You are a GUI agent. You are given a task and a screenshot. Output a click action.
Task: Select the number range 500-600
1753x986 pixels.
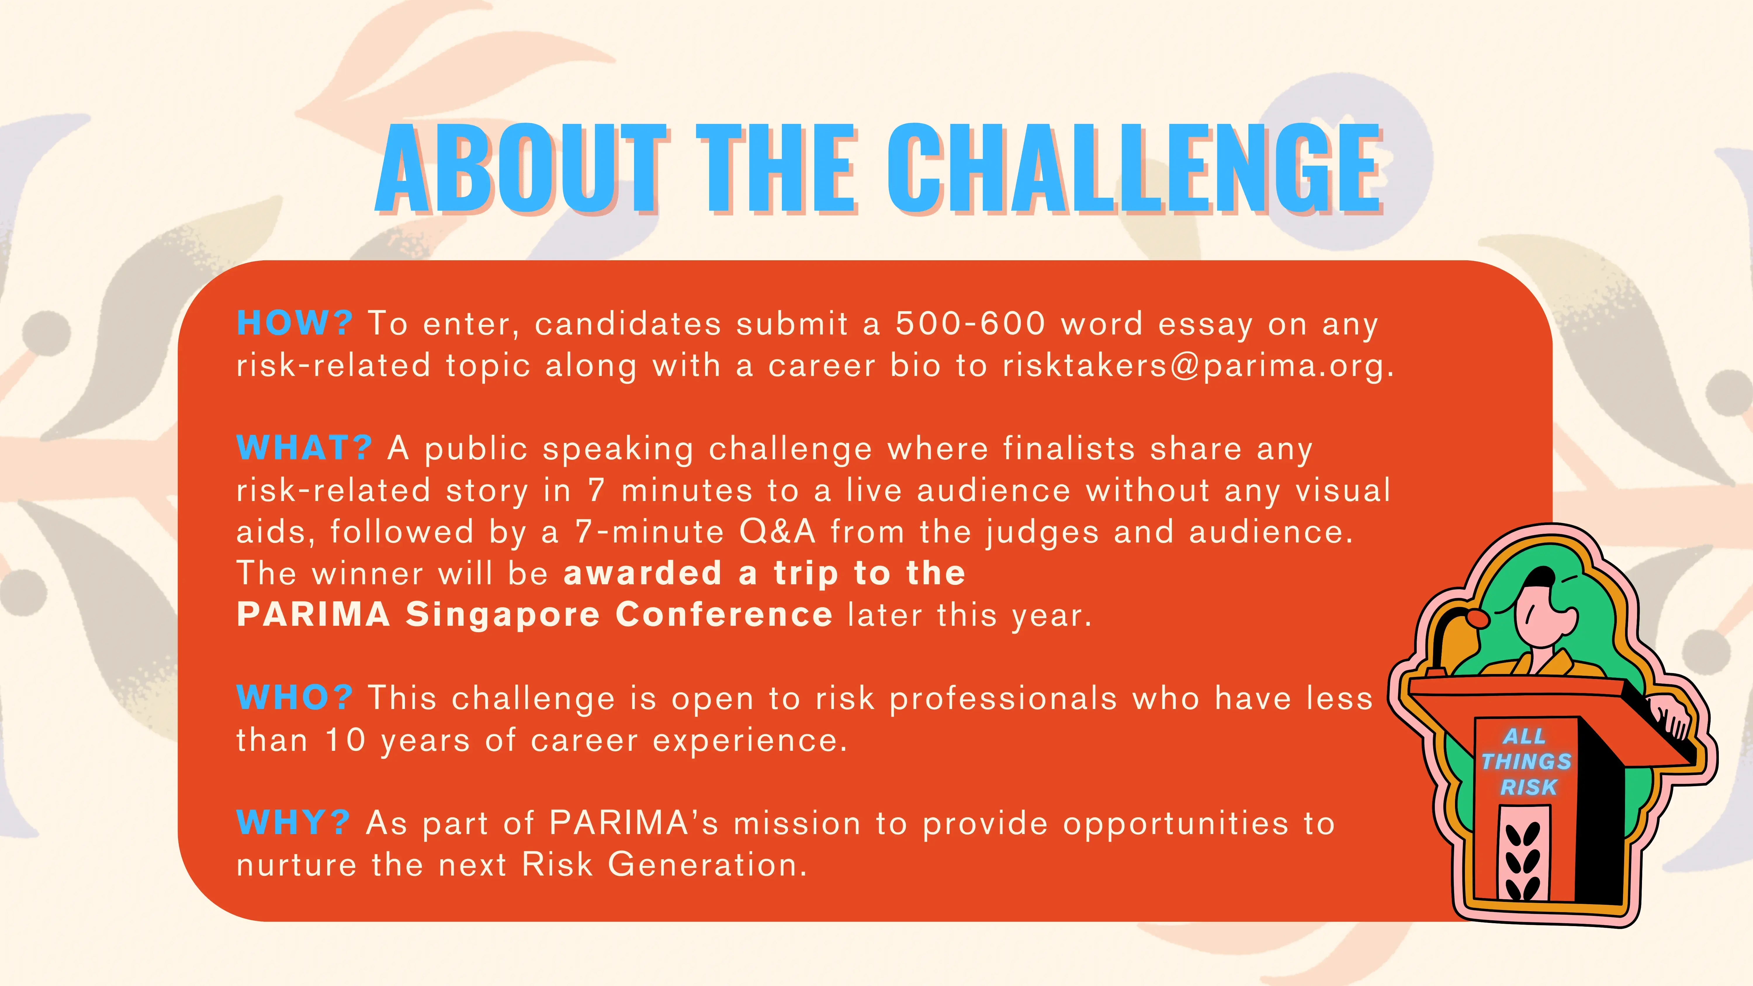(970, 323)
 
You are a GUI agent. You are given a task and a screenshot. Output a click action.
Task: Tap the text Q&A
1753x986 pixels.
(777, 531)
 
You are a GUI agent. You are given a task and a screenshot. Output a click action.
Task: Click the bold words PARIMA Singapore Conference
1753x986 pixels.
(534, 614)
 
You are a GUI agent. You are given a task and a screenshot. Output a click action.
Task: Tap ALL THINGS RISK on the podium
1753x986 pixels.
(1527, 761)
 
